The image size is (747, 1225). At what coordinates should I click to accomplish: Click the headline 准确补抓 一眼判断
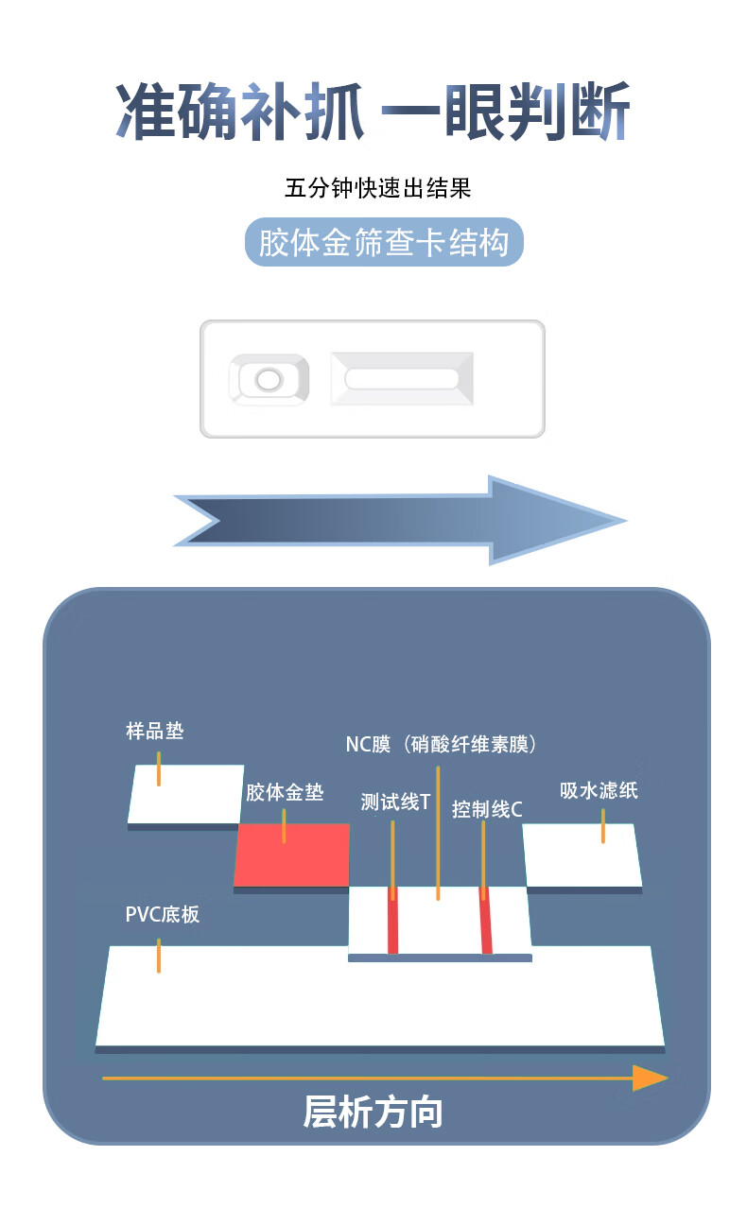373,112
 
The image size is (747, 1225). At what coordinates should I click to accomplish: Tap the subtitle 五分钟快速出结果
377,188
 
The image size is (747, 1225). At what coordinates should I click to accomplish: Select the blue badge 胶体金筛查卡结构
383,243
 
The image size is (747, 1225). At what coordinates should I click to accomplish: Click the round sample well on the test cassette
269,380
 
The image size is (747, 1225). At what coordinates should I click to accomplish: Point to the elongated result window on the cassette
402,379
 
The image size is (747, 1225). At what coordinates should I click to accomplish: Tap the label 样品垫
154,731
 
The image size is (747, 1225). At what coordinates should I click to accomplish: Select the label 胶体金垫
285,792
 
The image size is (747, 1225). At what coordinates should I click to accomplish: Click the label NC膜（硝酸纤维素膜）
442,744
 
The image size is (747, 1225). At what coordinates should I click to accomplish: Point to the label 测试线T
395,802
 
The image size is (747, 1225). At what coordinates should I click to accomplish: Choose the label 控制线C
487,809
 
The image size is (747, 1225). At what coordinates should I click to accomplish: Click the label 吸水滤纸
599,790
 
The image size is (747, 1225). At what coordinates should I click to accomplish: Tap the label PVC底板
162,915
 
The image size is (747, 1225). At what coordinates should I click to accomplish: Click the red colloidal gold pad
293,854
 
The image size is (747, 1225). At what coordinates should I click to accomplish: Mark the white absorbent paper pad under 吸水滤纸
582,855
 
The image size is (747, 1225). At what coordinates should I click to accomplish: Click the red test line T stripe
392,921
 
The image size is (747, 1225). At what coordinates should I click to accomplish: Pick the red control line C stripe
486,921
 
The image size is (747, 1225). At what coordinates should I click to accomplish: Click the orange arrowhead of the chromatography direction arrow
650,1078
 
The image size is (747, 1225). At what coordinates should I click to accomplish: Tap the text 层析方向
373,1113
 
